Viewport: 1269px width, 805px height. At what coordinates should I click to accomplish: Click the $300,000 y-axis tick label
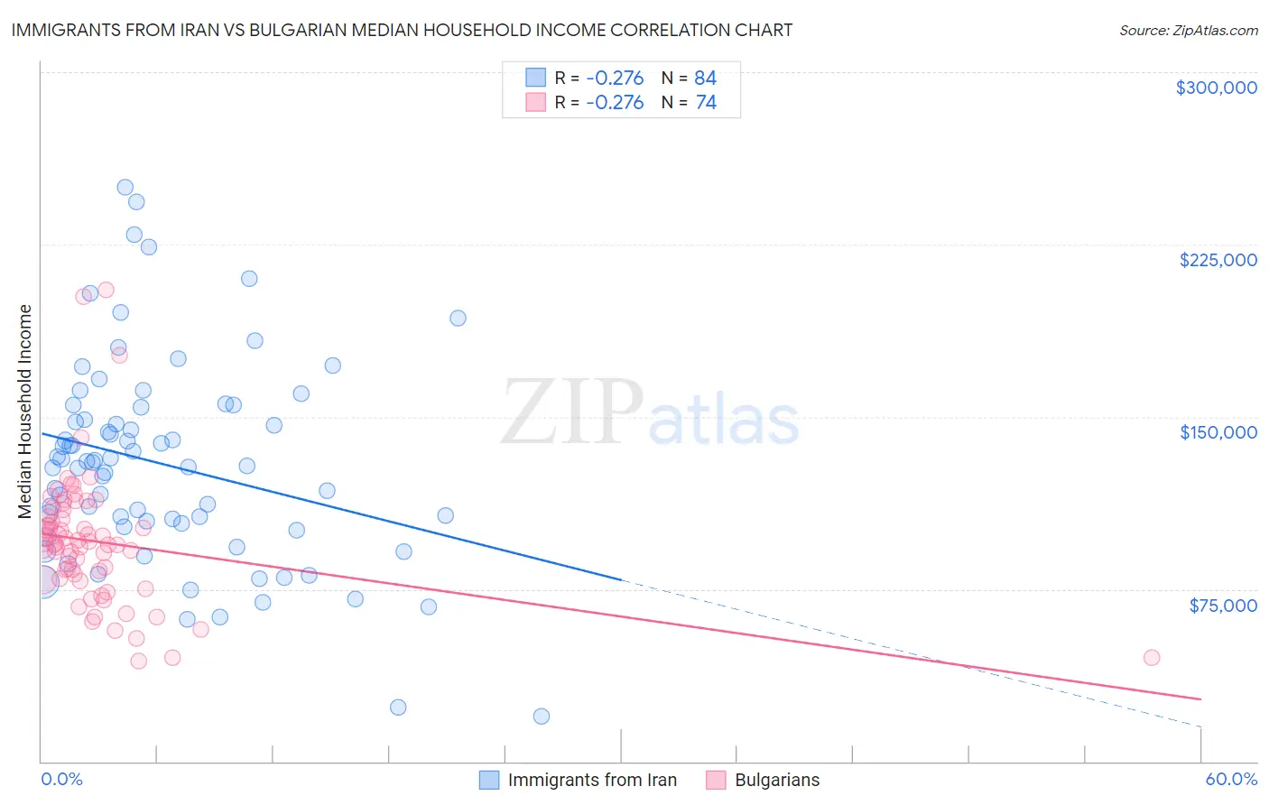pos(1216,88)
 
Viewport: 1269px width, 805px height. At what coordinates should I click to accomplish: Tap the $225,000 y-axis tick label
pos(1218,260)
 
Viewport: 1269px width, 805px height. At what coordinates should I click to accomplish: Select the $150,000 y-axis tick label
pos(1218,432)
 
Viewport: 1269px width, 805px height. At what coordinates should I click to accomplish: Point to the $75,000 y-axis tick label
pos(1222,606)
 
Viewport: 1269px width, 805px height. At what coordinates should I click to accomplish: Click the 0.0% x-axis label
pos(61,779)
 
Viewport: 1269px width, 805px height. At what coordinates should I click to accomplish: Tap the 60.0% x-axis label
pos(1230,779)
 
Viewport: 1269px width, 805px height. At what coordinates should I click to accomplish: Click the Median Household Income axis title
pos(24,412)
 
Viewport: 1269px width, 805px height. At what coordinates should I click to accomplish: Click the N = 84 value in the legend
pos(689,78)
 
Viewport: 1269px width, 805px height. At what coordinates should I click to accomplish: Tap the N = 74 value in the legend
pos(689,103)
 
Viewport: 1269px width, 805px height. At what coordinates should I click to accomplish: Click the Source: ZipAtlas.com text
pos(1188,30)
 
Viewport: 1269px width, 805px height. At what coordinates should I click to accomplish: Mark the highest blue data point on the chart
pos(125,188)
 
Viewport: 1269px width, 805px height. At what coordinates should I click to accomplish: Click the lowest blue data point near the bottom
pos(542,717)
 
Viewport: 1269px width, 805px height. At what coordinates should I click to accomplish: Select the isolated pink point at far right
pos(1151,658)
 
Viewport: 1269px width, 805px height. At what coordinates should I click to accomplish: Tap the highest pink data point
pos(106,290)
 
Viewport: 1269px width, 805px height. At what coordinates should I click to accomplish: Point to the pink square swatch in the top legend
pos(536,103)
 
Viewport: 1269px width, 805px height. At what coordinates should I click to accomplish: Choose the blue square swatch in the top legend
pos(536,78)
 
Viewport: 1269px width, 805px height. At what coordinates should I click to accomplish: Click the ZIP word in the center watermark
pos(572,412)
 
